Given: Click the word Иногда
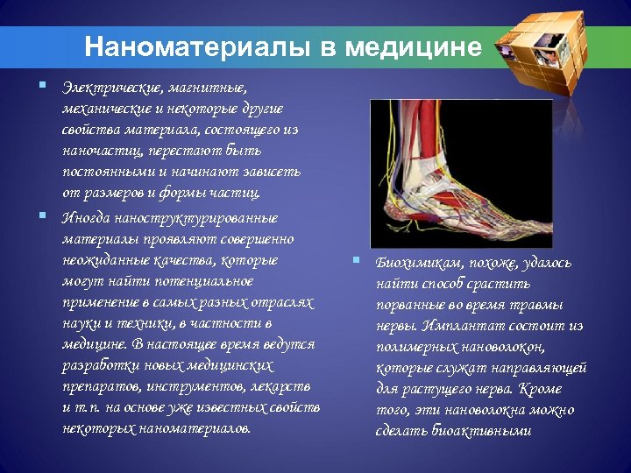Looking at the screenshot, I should pyautogui.click(x=85, y=218).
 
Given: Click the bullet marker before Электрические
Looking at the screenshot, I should pyautogui.click(x=42, y=86).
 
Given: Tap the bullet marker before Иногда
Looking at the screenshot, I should pyautogui.click(x=42, y=215).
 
